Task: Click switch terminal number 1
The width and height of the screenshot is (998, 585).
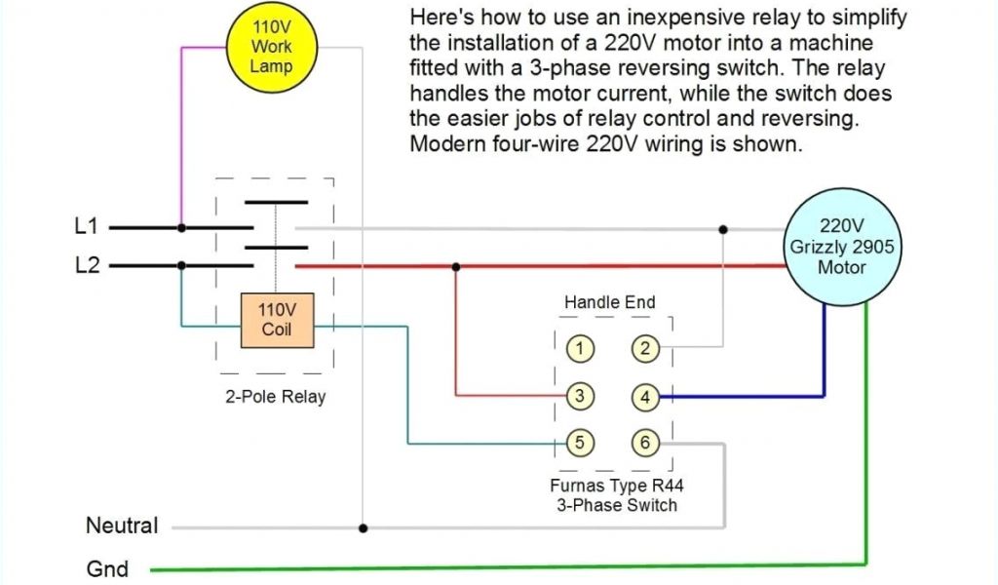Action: [580, 348]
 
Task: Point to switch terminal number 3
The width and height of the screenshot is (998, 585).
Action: [580, 396]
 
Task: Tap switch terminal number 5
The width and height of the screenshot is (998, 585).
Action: [580, 443]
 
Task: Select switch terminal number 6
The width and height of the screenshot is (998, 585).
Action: [644, 443]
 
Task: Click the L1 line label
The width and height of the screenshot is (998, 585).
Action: [87, 226]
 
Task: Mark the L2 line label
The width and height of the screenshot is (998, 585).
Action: [87, 264]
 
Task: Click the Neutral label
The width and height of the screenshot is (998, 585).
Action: [122, 526]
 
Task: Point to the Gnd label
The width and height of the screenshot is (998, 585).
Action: [107, 567]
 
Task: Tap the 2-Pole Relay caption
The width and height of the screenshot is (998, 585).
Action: [275, 397]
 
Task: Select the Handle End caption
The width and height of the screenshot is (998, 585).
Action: [610, 302]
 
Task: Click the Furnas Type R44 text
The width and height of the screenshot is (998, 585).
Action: [617, 486]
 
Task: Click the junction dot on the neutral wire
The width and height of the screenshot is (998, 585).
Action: [363, 527]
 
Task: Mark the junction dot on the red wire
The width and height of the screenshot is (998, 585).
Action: [456, 265]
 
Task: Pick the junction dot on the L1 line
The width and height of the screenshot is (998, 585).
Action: [181, 227]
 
